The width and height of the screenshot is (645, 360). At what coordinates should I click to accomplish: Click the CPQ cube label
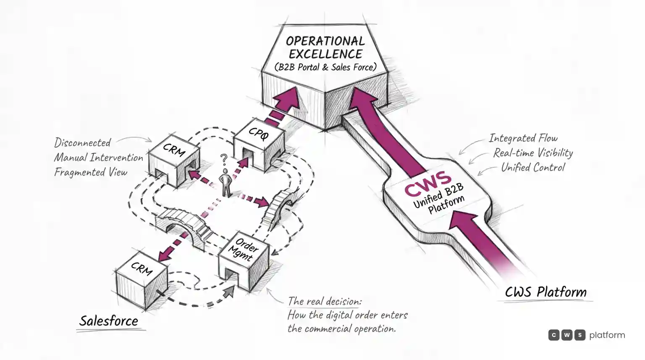pos(259,134)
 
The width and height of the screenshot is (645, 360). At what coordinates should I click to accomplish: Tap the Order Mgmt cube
pos(244,261)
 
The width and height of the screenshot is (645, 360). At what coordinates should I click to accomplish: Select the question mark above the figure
pos(224,160)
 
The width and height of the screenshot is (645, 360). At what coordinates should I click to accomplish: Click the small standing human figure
pos(225,183)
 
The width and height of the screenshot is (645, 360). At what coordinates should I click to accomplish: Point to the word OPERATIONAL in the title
pos(325,41)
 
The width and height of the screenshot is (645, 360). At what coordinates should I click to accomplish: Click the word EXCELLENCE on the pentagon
pos(326,54)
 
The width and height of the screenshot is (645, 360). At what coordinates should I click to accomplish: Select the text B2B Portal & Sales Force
pos(325,67)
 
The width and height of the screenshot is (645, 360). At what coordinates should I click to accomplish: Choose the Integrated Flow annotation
pos(523,138)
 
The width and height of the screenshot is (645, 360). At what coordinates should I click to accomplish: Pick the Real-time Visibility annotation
pos(533,152)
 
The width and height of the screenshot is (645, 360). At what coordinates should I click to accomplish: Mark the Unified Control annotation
pos(533,167)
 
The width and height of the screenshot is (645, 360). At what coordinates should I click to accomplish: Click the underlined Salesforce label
pos(109,321)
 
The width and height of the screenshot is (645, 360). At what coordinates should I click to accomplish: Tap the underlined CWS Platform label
pos(545,292)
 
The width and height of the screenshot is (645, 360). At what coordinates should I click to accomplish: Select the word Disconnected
pos(82,142)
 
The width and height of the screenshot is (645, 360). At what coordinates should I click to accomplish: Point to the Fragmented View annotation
pos(91,172)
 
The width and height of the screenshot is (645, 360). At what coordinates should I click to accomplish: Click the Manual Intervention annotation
pos(99,157)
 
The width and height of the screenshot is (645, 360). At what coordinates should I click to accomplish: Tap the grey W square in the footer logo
pos(566,335)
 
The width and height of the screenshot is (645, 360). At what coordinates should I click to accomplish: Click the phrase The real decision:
pos(325,301)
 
